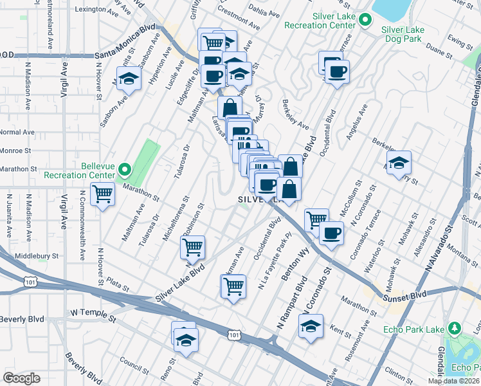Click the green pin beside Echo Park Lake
click(455, 329)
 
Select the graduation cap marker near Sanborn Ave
click(129, 80)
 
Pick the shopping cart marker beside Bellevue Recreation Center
click(103, 194)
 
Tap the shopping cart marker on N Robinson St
click(193, 246)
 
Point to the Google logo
click(21, 378)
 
